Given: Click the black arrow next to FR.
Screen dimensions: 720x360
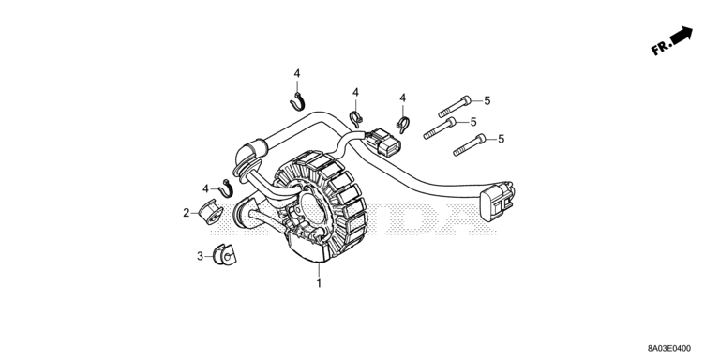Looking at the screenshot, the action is coord(682,35).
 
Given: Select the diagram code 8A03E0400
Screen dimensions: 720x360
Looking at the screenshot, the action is coord(668,349).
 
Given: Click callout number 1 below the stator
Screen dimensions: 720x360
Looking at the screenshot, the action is coord(319,283).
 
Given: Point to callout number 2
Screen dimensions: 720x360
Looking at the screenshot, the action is coord(186,213).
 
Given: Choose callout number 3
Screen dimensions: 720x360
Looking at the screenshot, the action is coord(200,256).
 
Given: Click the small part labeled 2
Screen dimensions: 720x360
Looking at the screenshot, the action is coord(211,212).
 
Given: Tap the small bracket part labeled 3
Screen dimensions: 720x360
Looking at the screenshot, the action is coord(225,255).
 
